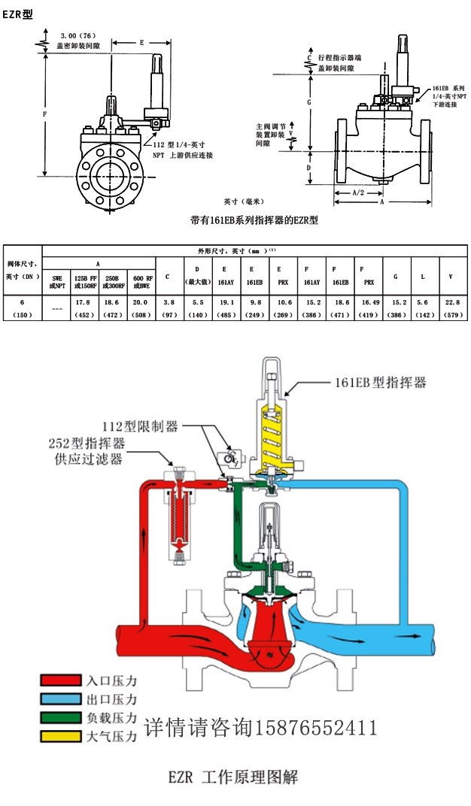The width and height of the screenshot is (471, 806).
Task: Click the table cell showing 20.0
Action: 140,301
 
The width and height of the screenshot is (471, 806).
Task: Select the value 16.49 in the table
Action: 367,301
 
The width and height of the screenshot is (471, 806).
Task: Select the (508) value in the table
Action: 140,314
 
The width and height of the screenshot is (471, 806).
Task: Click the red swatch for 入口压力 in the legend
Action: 60,680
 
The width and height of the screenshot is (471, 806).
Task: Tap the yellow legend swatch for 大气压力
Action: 60,736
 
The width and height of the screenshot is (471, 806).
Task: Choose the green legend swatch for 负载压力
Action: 60,717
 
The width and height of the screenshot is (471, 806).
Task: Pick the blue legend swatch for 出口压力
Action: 60,698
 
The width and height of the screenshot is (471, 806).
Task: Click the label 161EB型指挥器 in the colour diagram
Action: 380,383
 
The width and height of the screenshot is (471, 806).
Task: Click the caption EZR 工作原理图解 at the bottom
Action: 235,776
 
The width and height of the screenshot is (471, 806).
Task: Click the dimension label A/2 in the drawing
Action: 359,192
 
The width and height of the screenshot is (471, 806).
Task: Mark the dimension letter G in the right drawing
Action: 308,100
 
